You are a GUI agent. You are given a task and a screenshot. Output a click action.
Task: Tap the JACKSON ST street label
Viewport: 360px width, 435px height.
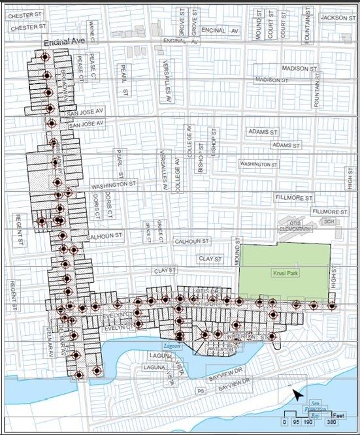point(336,18)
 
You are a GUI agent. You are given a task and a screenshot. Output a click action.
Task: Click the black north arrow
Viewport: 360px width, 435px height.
point(297,394)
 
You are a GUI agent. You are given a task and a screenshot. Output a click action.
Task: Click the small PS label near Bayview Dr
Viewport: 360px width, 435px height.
point(201,390)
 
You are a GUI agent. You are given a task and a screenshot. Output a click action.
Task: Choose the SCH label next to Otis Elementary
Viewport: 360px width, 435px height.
point(328,221)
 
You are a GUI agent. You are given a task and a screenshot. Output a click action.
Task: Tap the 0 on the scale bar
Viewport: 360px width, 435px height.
point(284,422)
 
